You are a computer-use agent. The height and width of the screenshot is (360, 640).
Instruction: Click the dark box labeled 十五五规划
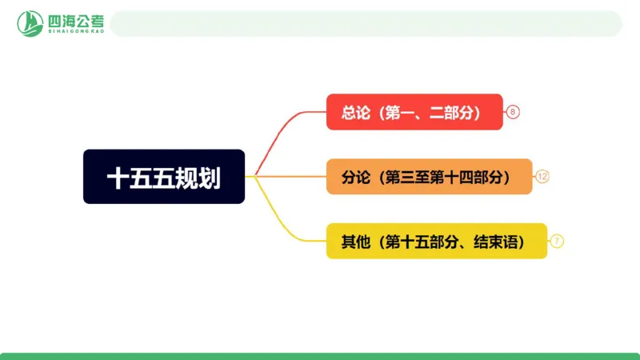tap(164, 176)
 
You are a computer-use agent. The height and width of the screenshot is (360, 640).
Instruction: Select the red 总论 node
tap(414, 112)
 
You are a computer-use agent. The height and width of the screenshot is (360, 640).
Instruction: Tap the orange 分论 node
tap(429, 176)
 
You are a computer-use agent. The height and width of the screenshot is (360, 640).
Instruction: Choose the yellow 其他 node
tap(437, 241)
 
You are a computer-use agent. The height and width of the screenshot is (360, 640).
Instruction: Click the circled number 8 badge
tap(514, 113)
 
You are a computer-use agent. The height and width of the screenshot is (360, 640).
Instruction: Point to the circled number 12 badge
tap(542, 177)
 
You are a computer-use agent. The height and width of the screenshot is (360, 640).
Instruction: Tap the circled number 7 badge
tap(558, 241)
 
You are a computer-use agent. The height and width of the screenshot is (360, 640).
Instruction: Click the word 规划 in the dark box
tap(199, 177)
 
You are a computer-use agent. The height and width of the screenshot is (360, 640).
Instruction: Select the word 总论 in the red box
tap(355, 113)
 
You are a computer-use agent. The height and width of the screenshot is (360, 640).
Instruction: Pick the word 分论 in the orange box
tap(355, 177)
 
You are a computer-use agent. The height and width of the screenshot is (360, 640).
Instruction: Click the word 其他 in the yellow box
tap(355, 241)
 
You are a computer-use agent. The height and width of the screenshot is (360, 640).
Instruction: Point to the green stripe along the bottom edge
tap(320, 356)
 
